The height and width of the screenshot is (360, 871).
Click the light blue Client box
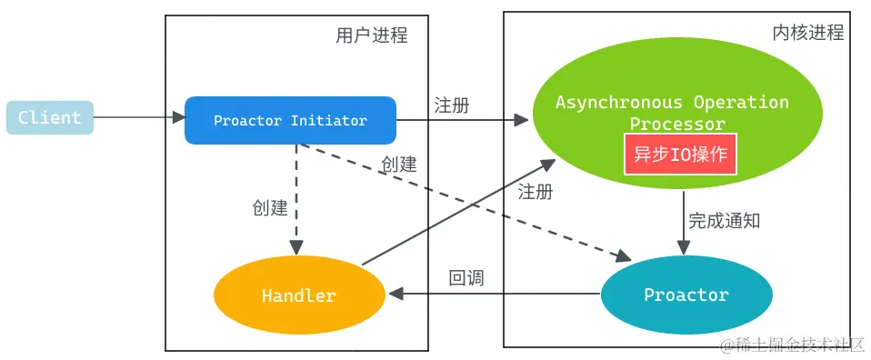(x=49, y=117)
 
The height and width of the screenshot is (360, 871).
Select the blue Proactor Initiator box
(x=290, y=120)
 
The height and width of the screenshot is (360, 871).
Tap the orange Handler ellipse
(x=299, y=295)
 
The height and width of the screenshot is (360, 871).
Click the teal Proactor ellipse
(x=686, y=295)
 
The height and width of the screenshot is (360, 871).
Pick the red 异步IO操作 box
(x=680, y=154)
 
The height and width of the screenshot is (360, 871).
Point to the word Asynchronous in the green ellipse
(x=619, y=102)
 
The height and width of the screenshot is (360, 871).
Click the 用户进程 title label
(x=371, y=35)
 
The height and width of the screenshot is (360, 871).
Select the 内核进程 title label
(x=807, y=33)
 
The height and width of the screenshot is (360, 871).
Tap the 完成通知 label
(x=724, y=220)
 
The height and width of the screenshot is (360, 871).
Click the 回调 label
(x=466, y=278)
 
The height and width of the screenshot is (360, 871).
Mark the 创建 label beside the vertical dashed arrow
(x=270, y=208)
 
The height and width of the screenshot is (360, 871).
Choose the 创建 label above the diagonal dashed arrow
(x=399, y=165)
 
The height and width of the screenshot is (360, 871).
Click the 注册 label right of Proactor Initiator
(x=452, y=105)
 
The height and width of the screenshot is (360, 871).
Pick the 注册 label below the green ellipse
(x=536, y=192)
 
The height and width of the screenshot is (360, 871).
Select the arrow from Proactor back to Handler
(x=496, y=294)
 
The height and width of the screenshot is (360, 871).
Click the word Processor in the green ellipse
(x=678, y=125)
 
